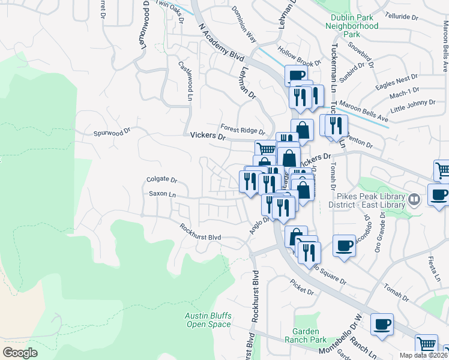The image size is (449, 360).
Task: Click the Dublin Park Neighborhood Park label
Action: pyautogui.click(x=352, y=26)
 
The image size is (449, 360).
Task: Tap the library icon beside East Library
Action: pyautogui.click(x=414, y=199)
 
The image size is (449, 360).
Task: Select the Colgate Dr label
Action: pyautogui.click(x=162, y=179)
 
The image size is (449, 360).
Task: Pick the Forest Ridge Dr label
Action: pyautogui.click(x=243, y=130)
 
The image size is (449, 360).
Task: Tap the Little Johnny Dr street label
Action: pyautogui.click(x=411, y=106)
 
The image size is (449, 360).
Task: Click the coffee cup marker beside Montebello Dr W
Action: pyautogui.click(x=382, y=325)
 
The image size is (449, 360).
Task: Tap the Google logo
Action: pyautogui.click(x=20, y=353)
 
